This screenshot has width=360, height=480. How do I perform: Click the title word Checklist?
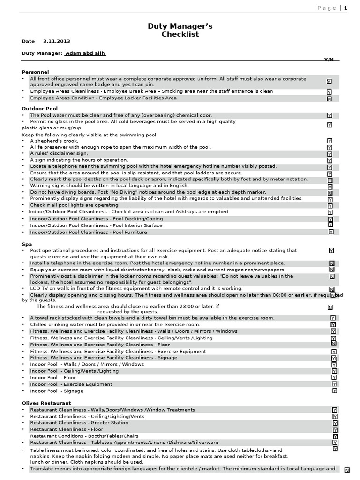coord(180,34)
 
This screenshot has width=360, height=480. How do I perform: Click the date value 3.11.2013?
coord(57,41)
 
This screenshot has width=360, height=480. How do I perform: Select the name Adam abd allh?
coord(85,53)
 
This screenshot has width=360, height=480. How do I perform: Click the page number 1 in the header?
coord(346,7)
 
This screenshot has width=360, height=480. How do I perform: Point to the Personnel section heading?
coord(35,72)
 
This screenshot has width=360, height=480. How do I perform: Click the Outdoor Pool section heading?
coord(40,108)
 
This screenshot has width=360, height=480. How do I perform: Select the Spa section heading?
coord(27,244)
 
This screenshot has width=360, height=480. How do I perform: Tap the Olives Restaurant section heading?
coord(46,403)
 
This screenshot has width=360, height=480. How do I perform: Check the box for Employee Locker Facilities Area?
coord(329,99)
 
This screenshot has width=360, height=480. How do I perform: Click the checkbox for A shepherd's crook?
coord(330,141)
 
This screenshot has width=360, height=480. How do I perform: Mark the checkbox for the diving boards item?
coord(330,193)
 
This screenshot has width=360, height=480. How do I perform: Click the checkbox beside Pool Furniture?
coord(331,232)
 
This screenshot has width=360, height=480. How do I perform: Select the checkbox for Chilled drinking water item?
coord(333,324)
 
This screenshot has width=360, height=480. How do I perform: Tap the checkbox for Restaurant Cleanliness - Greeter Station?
coord(335,423)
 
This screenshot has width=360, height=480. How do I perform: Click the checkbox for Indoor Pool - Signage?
coord(334,390)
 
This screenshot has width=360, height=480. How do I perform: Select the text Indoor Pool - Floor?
coord(53,377)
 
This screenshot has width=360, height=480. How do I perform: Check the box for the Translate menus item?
coord(347,470)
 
